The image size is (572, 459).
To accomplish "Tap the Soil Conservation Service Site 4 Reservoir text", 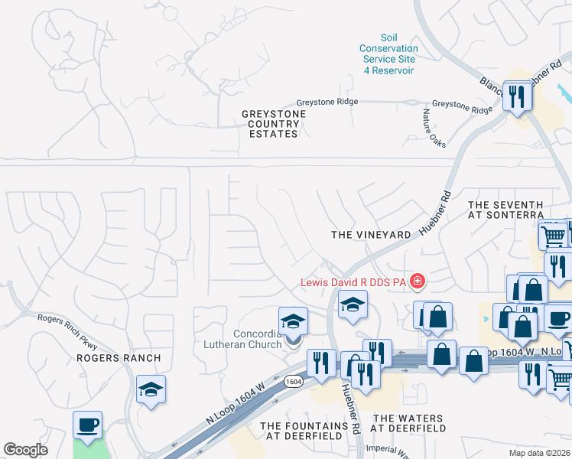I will coord(388,54).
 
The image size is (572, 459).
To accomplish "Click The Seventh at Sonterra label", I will coord(505,210).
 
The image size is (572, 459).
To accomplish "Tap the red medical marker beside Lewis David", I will coord(417,282).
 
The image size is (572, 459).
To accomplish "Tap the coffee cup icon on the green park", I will coord(87,425).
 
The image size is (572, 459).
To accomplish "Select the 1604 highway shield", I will coord(292,381).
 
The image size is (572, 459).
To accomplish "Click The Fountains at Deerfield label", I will coord(304,430).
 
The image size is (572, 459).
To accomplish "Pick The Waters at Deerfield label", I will coord(407,424).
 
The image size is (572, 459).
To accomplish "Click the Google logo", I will coord(25,450).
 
